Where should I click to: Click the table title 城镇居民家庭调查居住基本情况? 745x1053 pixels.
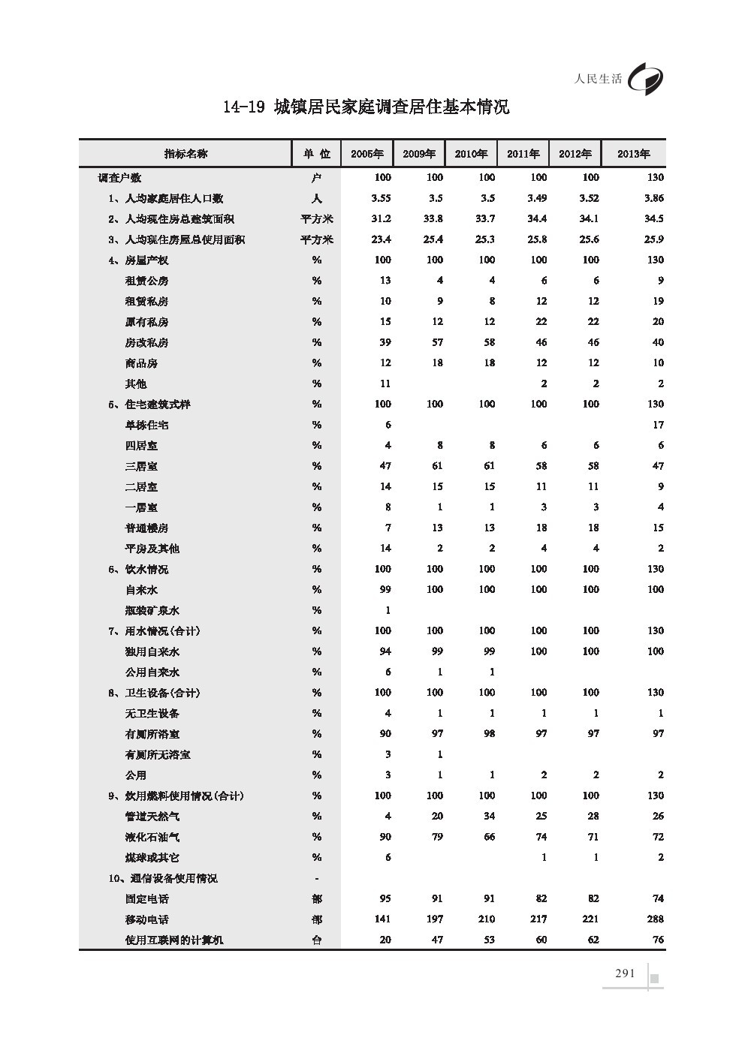[366, 107]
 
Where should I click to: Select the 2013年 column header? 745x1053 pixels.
[633, 154]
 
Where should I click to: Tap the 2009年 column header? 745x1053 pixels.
[419, 154]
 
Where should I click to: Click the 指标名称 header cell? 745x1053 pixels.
[185, 154]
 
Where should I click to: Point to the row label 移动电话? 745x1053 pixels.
[147, 919]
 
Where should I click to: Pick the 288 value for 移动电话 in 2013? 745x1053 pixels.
[655, 919]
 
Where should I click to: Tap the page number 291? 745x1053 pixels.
[625, 973]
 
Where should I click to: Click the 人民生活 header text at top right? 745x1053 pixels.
[598, 79]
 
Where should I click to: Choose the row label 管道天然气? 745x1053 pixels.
[152, 817]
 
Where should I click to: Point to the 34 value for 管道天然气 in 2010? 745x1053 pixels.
[489, 817]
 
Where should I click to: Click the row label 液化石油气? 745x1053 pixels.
[152, 837]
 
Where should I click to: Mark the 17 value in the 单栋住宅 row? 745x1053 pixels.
[658, 425]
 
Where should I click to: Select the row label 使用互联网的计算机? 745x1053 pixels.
[174, 940]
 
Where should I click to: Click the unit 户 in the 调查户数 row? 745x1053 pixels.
[317, 178]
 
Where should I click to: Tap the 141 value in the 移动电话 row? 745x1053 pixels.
[382, 919]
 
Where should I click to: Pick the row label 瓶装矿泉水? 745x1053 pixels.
[152, 610]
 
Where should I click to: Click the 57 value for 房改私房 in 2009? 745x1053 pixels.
[437, 342]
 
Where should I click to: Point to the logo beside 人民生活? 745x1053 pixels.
[647, 77]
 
